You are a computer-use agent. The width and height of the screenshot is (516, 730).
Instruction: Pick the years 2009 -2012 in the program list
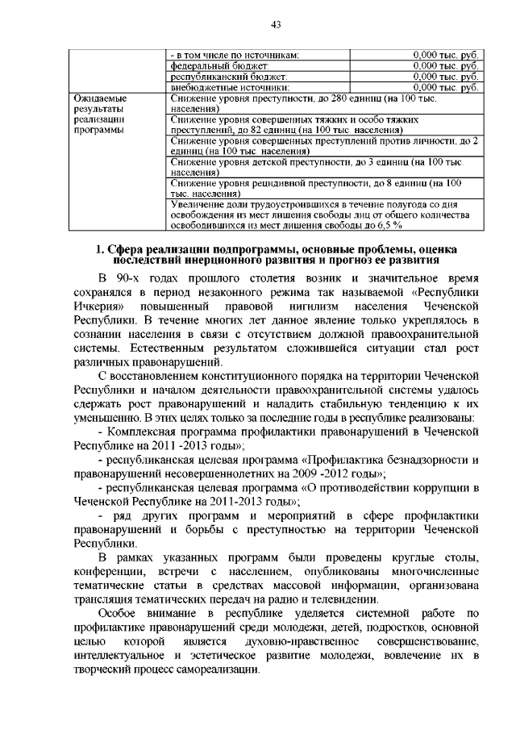pyautogui.click(x=341, y=473)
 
